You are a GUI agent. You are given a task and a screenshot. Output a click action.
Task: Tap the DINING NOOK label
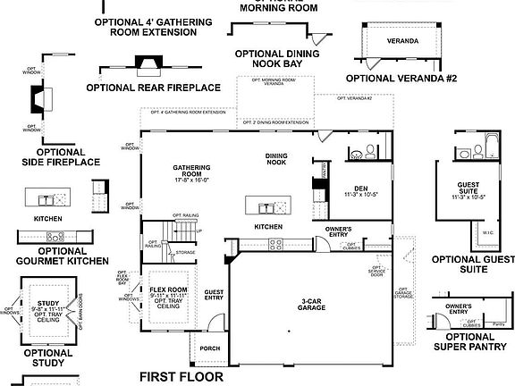click(x=276, y=160)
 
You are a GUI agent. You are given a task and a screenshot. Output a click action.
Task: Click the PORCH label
click(x=210, y=348)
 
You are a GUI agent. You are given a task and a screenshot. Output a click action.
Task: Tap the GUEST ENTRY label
click(x=214, y=295)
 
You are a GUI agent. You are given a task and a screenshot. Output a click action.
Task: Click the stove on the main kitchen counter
click(x=319, y=190)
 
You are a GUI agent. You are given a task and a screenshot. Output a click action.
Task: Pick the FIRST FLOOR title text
click(x=181, y=377)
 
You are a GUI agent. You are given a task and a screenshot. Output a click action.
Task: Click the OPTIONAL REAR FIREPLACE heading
click(x=153, y=88)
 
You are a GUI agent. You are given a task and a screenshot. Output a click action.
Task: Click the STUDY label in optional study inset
click(x=48, y=304)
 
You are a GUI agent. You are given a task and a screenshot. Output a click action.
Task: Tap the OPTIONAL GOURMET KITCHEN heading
click(x=62, y=256)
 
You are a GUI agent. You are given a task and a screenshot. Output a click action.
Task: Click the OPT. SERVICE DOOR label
click(x=376, y=271)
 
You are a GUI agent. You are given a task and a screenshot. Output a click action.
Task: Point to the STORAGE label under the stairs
click(x=186, y=253)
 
